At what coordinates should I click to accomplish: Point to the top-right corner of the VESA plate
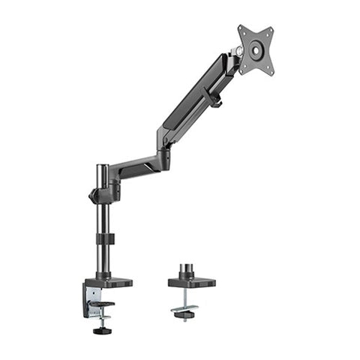(x=271, y=28)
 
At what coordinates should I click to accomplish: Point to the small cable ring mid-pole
(x=105, y=238)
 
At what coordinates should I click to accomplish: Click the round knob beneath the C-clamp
(x=99, y=329)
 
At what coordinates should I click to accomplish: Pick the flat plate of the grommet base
(x=191, y=283)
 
